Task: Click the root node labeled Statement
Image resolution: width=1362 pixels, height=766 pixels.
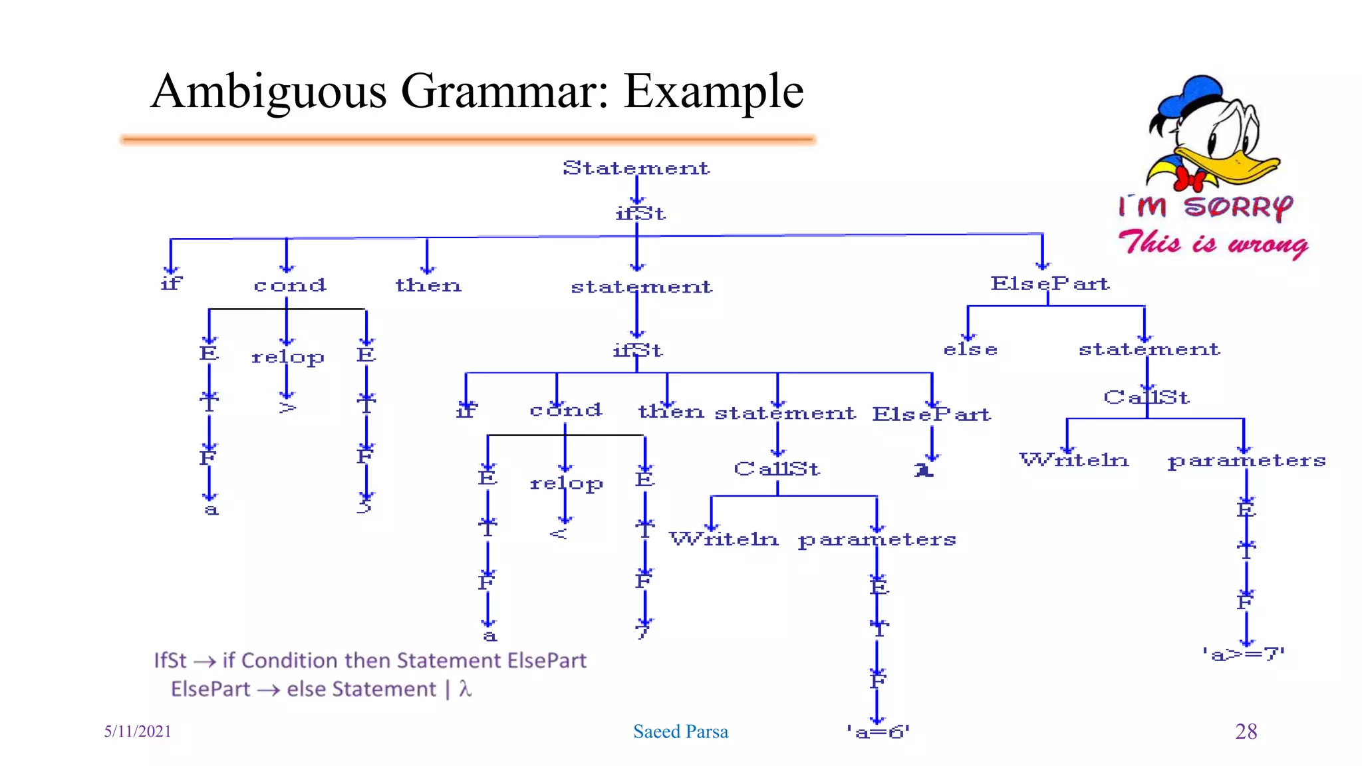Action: (636, 168)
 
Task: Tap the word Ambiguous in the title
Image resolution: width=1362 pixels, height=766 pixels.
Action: (269, 92)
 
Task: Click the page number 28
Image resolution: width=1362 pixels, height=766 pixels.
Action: (1246, 731)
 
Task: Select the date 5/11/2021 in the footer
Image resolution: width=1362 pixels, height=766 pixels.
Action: (138, 731)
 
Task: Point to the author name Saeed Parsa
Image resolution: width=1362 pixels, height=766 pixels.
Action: (680, 731)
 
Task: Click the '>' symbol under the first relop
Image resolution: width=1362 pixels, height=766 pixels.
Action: (287, 407)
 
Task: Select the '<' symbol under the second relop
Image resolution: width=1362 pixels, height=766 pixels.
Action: (559, 533)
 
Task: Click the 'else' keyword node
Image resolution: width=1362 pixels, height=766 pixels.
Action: (970, 350)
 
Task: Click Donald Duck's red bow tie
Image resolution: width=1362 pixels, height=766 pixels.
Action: (1190, 178)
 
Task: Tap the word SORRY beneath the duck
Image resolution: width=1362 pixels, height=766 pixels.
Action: (1238, 207)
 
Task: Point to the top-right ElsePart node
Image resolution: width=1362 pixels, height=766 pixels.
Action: (1049, 284)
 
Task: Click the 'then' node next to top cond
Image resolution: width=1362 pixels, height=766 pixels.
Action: (428, 285)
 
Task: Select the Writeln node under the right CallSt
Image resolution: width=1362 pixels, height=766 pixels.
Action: (1073, 460)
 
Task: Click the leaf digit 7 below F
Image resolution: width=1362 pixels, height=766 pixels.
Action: (643, 631)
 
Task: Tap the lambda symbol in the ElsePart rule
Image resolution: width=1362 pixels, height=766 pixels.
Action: (465, 689)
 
